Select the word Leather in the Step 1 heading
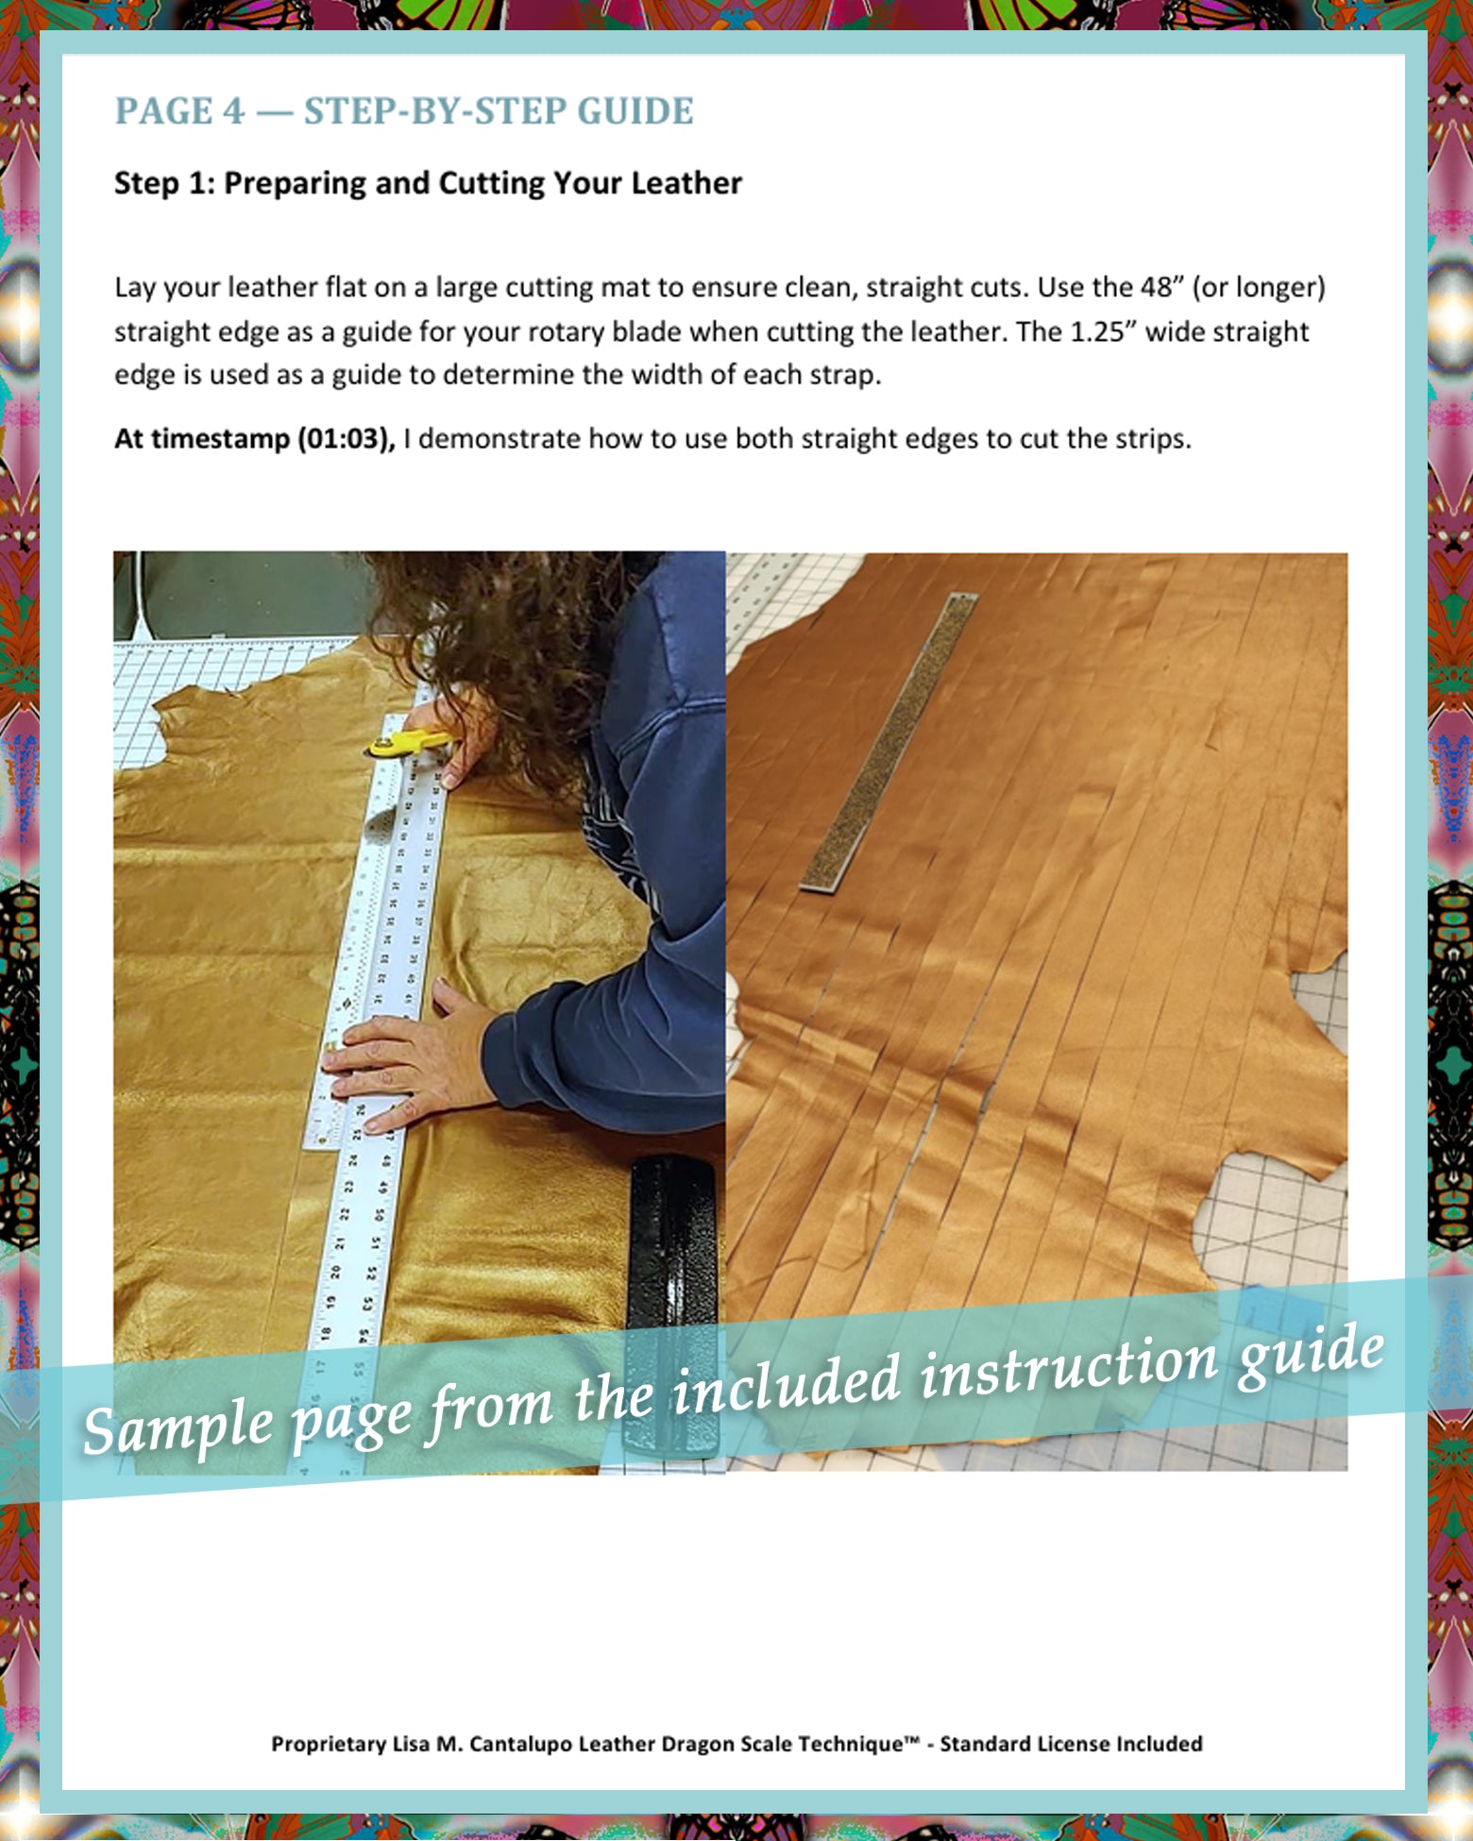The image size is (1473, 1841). (686, 183)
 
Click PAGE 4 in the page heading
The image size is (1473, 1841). (179, 111)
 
